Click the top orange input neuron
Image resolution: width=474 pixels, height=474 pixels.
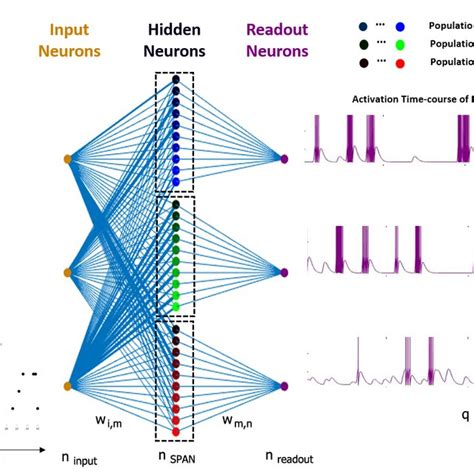pyautogui.click(x=67, y=159)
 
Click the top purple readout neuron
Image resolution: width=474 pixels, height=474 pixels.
pyautogui.click(x=285, y=159)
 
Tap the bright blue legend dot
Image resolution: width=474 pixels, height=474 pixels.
pyautogui.click(x=400, y=25)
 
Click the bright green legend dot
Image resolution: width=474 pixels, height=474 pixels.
pyautogui.click(x=400, y=43)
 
